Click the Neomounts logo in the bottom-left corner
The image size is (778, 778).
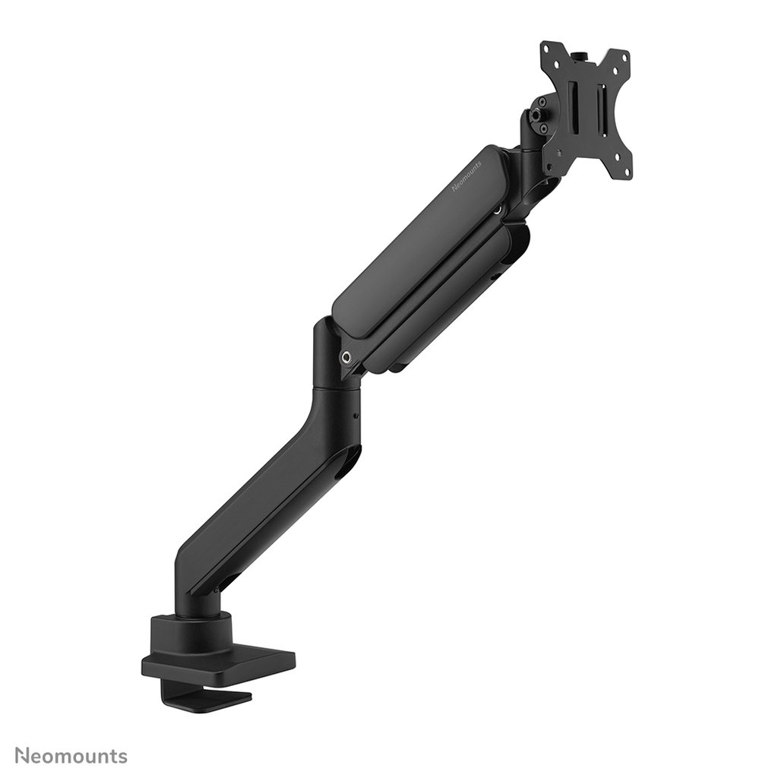71,756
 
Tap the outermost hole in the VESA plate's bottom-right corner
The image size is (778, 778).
627,175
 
